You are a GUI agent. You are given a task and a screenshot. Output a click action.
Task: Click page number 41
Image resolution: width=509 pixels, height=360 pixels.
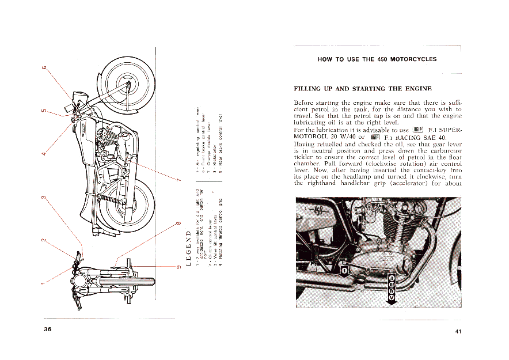coord(458,331)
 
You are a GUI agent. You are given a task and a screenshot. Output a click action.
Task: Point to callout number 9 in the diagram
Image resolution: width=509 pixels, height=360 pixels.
coord(178,266)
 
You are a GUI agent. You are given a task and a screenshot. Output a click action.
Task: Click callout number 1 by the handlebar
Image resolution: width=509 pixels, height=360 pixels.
coord(43,283)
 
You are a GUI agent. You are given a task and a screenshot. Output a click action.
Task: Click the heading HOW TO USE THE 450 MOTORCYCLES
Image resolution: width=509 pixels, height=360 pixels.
coord(377,59)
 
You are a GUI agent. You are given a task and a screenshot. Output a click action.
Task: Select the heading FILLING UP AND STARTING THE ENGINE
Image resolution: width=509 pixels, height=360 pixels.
coord(362,89)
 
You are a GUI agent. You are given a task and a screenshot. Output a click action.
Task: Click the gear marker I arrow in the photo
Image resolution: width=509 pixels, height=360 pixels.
coord(344,270)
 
